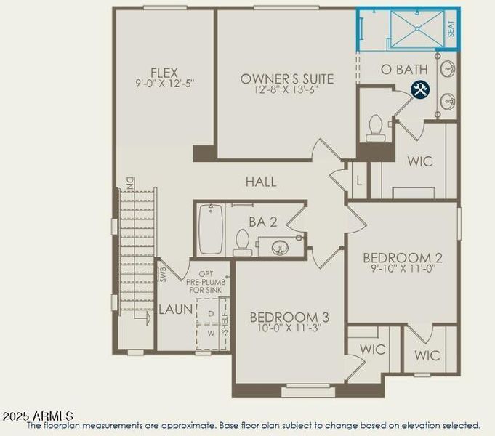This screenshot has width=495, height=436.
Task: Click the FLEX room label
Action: pyautogui.click(x=164, y=73)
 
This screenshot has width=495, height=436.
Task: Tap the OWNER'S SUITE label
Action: pyautogui.click(x=287, y=78)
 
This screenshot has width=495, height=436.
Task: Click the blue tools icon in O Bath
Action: pyautogui.click(x=420, y=89)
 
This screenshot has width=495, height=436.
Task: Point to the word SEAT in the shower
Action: pyautogui.click(x=451, y=30)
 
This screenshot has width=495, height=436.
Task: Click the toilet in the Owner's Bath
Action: pyautogui.click(x=376, y=128)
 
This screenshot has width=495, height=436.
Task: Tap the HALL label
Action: pyautogui.click(x=260, y=182)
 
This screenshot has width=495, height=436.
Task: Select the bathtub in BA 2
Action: pyautogui.click(x=210, y=228)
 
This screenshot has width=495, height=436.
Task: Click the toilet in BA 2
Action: pyautogui.click(x=242, y=243)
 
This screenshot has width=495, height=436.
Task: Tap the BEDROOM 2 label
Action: pyautogui.click(x=403, y=258)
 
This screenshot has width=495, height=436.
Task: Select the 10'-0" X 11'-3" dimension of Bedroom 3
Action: pyautogui.click(x=284, y=328)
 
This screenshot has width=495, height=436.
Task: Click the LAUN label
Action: pyautogui.click(x=176, y=310)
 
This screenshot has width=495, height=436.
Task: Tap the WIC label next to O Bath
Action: pyautogui.click(x=419, y=161)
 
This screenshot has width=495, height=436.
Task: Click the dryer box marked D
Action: pyautogui.click(x=211, y=313)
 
